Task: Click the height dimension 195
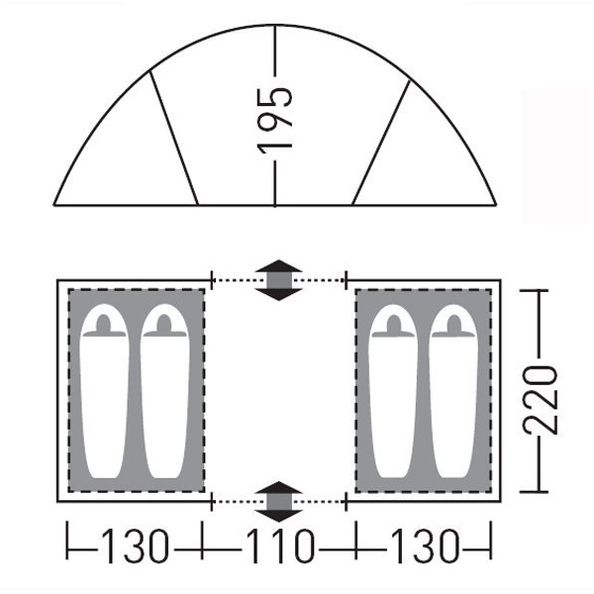[x=275, y=121]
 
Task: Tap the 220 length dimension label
[x=541, y=399]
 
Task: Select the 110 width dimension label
[x=280, y=545]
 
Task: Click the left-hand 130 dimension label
[x=135, y=545]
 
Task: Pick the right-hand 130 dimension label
[x=425, y=545]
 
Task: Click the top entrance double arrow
[x=279, y=280]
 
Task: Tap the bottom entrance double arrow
[x=279, y=502]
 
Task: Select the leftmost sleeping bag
[x=105, y=391]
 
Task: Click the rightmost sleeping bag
[x=453, y=391]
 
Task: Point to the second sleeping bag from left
[x=164, y=391]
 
